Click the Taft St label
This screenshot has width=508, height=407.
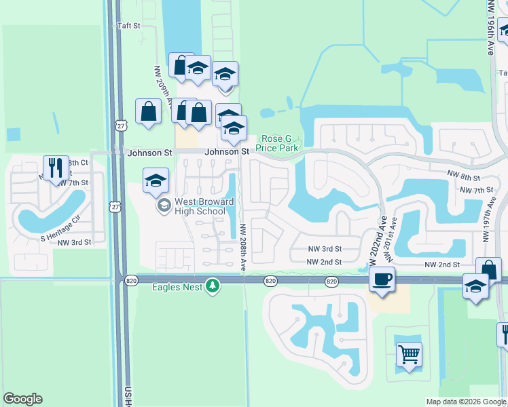(128, 26)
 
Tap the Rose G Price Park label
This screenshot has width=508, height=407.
(277, 143)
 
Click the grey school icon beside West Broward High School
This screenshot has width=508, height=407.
(164, 204)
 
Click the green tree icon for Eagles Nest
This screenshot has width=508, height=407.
(213, 286)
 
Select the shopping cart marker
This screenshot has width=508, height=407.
(409, 353)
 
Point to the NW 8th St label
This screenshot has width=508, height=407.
(464, 175)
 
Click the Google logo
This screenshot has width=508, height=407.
(22, 399)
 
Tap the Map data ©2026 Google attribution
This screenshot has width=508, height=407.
(466, 402)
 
